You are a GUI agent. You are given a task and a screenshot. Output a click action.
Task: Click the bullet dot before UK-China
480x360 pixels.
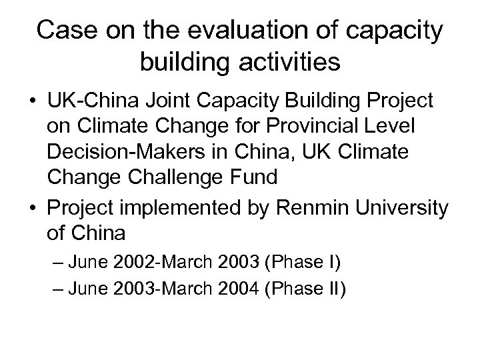point(31,103)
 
